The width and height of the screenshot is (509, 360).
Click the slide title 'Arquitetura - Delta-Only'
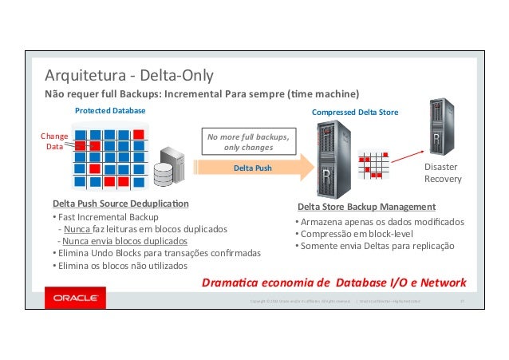pos(128,77)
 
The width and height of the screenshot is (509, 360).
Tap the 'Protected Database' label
pos(110,110)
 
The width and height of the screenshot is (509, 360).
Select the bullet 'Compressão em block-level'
pos(355,234)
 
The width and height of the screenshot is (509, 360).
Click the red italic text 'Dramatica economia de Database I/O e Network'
pos(335,283)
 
